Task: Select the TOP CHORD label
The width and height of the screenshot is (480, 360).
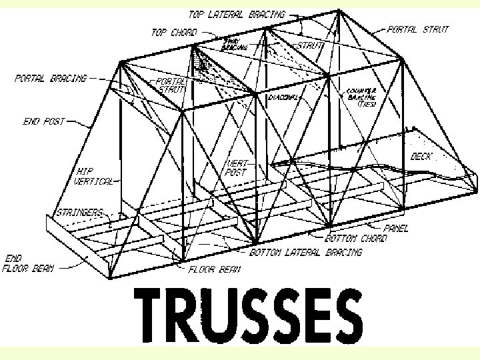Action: coord(174,32)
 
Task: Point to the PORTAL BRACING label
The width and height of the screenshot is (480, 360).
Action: coord(51,78)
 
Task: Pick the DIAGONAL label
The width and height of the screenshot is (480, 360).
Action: coord(283,97)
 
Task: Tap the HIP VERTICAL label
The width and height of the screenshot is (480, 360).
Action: coord(93,175)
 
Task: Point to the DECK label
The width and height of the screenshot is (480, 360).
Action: coord(421,157)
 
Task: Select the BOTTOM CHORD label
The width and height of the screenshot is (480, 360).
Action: coord(355,239)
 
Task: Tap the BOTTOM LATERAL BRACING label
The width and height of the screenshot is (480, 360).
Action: coord(306,253)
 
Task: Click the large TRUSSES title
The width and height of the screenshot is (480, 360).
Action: coord(249,315)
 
